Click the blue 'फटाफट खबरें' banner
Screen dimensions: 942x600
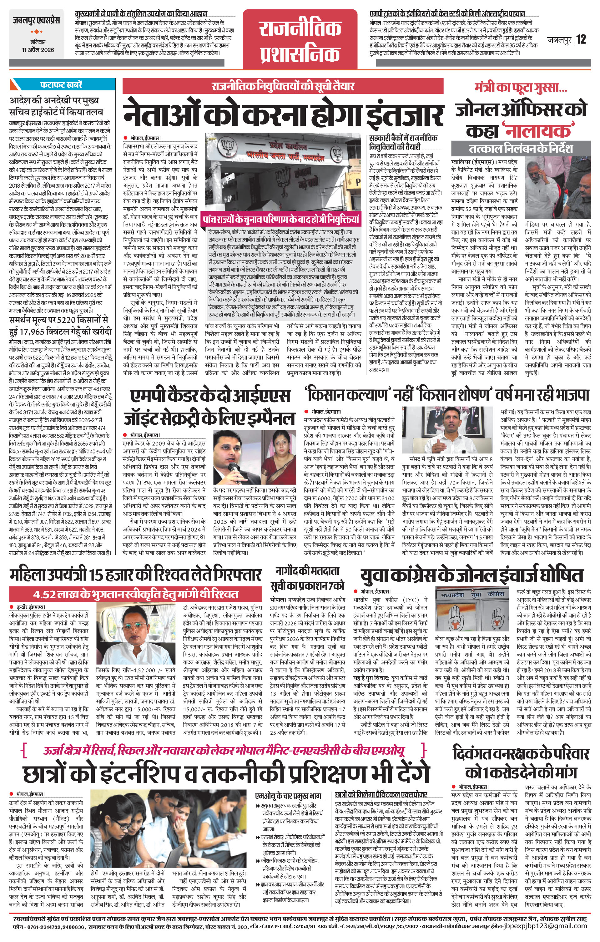(x=62, y=84)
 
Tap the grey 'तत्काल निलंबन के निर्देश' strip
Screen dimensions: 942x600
(x=521, y=148)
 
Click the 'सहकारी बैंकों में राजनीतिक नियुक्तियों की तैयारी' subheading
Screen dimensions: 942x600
(x=403, y=142)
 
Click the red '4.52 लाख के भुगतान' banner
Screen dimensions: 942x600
(x=136, y=594)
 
